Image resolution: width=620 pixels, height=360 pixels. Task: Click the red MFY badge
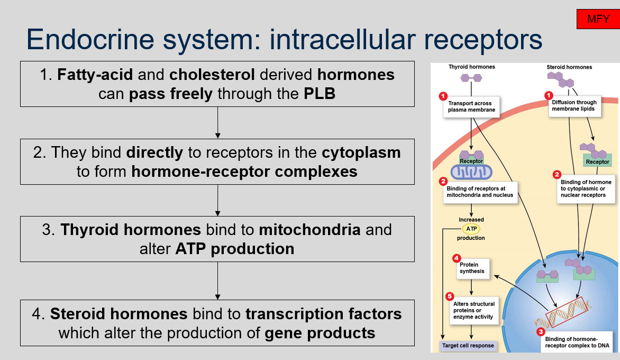598,20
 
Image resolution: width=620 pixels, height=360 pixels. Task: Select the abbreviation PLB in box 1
320,94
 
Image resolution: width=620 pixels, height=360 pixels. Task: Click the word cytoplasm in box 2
361,152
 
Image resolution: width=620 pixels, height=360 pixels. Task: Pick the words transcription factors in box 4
323,314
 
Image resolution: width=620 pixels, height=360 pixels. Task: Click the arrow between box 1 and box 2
217,123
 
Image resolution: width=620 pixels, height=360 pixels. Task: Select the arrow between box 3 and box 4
217,281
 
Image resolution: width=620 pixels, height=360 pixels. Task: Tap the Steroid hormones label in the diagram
569,67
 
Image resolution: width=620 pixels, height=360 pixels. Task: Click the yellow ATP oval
471,229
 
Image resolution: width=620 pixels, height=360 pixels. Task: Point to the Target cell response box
467,346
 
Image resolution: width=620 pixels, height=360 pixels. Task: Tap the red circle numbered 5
450,296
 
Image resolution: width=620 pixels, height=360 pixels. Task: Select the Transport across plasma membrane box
470,107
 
